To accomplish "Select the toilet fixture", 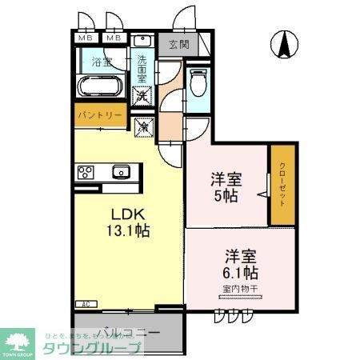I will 198,82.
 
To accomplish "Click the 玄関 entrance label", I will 178,44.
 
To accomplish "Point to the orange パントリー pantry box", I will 100,116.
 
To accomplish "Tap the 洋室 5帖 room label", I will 225,188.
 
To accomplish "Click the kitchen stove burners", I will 86,171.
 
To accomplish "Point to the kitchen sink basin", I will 122,170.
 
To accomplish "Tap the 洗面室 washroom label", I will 142,69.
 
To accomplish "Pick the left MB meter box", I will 84,38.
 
